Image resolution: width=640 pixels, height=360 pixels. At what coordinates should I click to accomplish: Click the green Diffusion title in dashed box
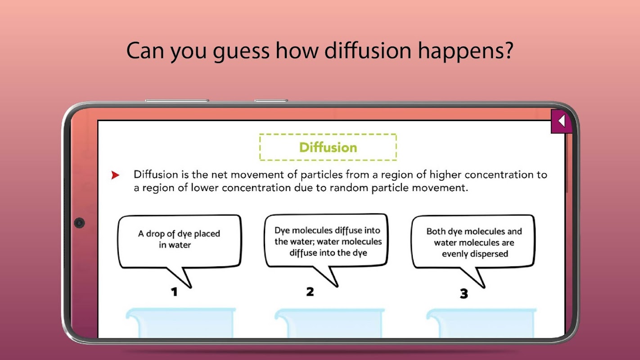328,148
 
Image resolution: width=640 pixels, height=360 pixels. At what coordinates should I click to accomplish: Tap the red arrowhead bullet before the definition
115,175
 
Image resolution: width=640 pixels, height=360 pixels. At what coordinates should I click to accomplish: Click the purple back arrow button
561,121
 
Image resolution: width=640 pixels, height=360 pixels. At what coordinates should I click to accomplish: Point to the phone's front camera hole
79,223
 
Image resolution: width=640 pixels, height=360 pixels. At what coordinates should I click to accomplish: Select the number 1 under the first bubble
174,292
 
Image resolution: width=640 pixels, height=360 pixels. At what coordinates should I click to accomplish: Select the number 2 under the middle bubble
310,292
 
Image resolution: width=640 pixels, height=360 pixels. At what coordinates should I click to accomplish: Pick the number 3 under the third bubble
464,293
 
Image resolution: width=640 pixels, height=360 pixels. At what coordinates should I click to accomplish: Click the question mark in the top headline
507,50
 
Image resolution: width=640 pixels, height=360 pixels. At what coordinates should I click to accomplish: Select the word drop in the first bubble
155,234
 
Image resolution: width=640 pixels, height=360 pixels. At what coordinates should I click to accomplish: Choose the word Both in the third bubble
436,231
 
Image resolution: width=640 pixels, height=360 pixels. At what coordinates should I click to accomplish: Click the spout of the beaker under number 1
132,314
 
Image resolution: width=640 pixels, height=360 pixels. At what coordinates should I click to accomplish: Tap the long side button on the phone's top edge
177,100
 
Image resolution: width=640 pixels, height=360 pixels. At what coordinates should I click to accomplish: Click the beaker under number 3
482,323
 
